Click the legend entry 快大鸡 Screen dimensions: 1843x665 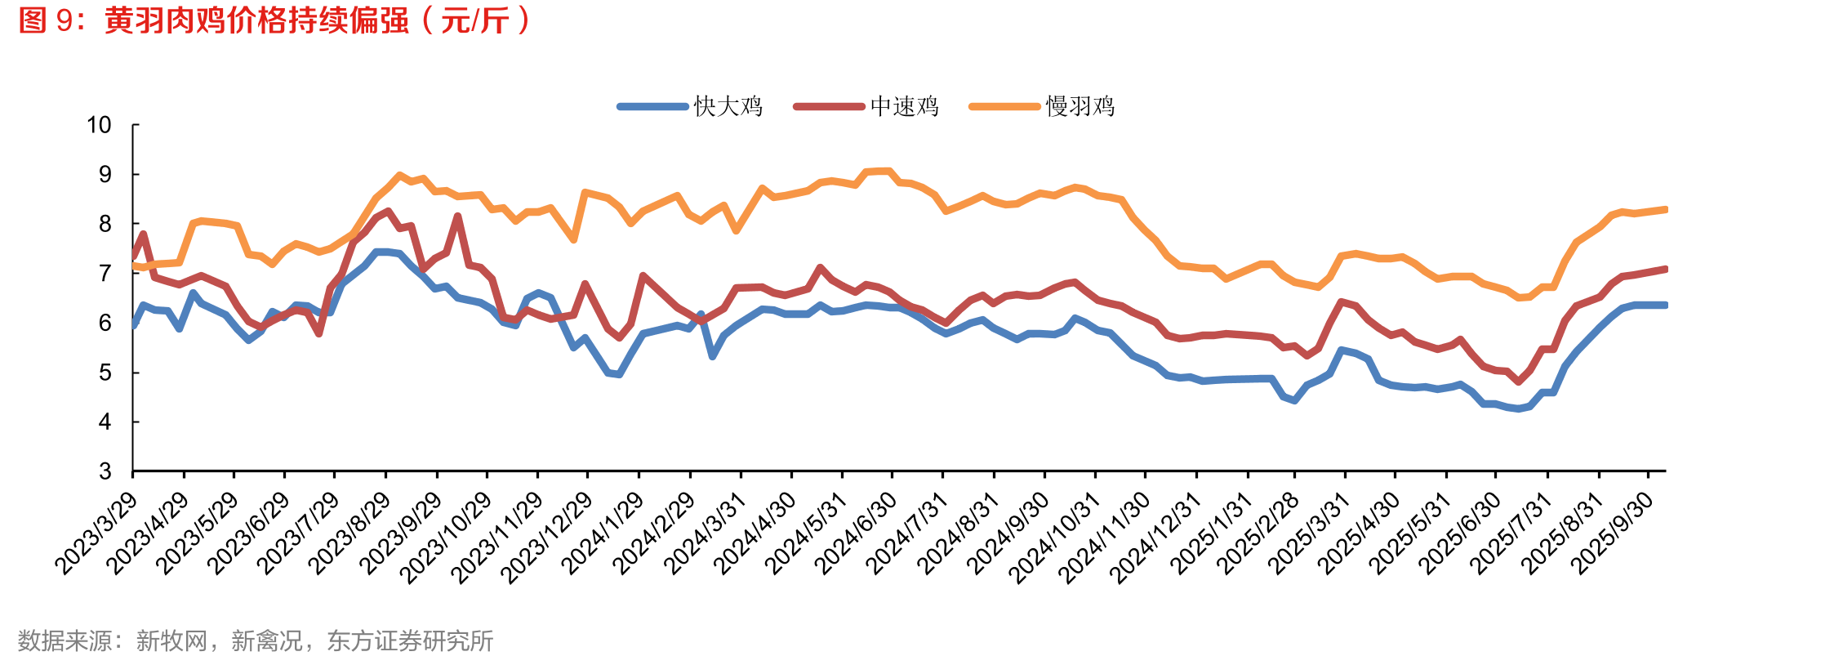pos(690,106)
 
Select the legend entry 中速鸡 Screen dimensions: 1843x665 pos(866,106)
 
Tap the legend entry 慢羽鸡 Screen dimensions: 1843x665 pos(1042,106)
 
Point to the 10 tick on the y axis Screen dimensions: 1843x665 pos(99,125)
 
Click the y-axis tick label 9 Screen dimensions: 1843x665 pos(105,174)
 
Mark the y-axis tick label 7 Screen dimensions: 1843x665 pos(105,274)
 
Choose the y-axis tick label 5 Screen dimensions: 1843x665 pos(105,373)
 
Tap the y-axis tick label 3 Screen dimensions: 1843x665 pos(105,471)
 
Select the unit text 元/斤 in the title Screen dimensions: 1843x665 pos(475,20)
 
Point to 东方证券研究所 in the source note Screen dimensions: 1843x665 pos(410,640)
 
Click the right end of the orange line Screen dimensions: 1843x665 pos(1665,210)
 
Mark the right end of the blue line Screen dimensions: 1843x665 pos(1665,306)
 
